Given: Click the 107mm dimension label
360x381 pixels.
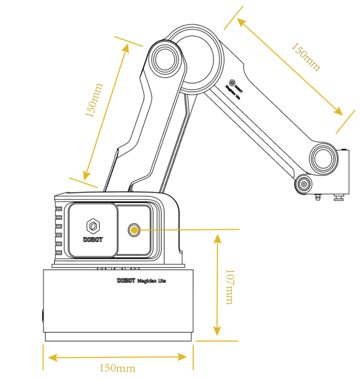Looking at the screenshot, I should pyautogui.click(x=229, y=286).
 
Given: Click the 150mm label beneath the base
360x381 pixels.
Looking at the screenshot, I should pyautogui.click(x=118, y=368).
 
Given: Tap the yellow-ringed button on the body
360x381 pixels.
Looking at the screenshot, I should pyautogui.click(x=134, y=230).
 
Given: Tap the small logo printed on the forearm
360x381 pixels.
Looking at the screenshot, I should pyautogui.click(x=233, y=82).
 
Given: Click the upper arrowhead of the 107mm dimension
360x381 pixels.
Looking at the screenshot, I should pyautogui.click(x=217, y=237).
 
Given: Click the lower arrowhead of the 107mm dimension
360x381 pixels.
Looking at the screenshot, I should pyautogui.click(x=217, y=333).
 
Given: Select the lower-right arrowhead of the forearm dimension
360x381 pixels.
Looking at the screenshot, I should pyautogui.click(x=339, y=112).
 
